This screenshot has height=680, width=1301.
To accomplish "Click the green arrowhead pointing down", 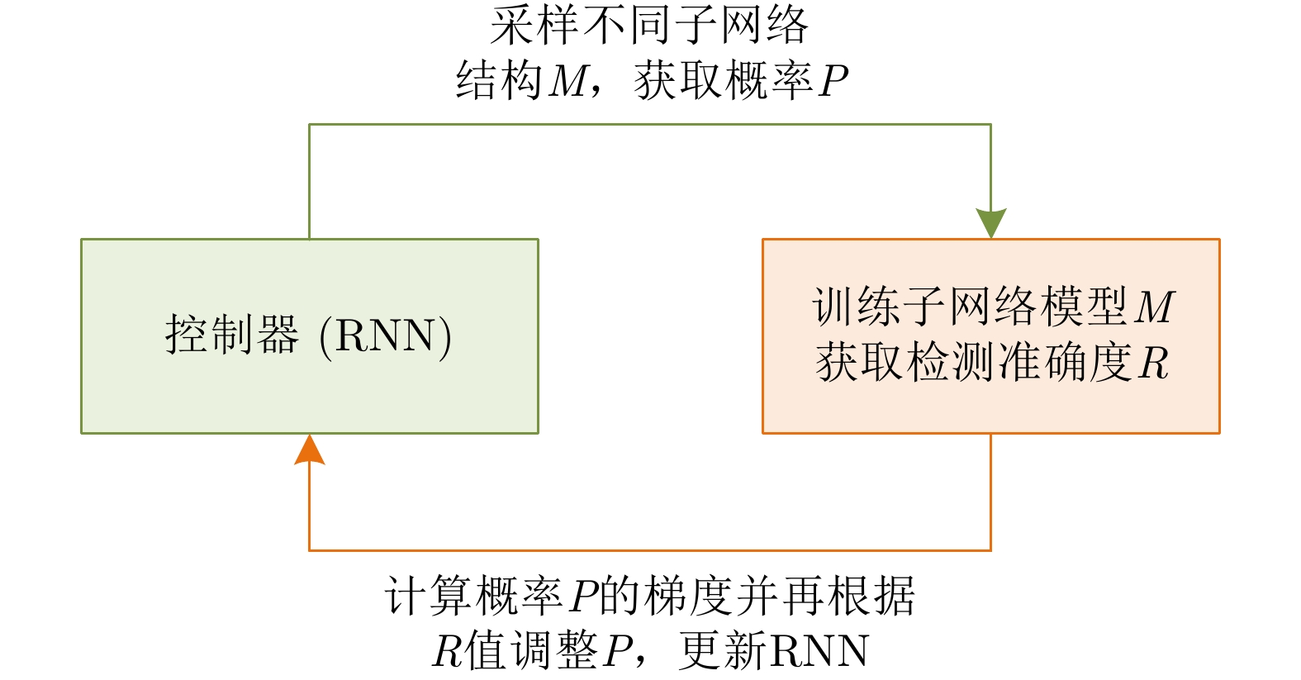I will point(990,222).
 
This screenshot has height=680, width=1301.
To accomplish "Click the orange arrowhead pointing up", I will point(309,451).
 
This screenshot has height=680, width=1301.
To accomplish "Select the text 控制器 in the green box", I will point(232,335).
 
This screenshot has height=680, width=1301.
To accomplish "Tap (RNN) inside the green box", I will point(385,336).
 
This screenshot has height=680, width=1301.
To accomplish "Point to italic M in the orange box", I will point(1154,307).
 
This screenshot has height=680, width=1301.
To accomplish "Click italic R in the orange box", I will point(1154,363).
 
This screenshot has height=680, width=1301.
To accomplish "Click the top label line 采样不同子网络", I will point(648,26).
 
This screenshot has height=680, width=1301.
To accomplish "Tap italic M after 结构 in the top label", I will point(569,81).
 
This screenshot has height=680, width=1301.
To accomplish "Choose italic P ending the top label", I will point(833,81).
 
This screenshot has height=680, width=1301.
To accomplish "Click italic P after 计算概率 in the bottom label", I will point(583,597).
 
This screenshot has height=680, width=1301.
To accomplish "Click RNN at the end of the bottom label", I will point(819,652).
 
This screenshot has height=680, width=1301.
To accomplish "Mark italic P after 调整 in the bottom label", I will point(618,652).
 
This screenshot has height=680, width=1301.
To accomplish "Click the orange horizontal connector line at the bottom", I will point(649,550).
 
